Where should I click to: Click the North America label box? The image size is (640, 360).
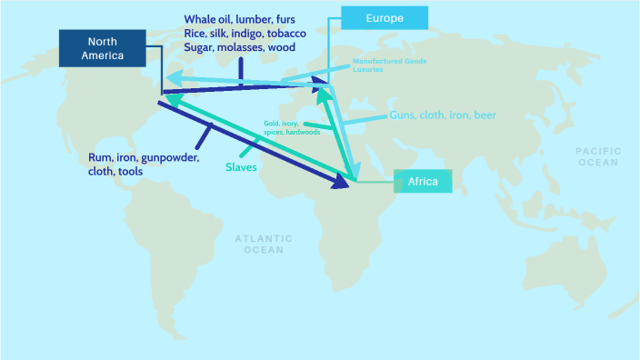103,48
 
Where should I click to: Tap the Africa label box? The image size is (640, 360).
422,182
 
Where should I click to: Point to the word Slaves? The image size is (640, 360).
241,167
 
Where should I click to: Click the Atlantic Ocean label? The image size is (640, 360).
264,244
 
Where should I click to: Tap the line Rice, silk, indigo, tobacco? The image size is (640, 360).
245,33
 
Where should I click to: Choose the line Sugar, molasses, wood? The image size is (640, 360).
239,46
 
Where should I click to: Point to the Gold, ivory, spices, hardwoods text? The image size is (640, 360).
291,127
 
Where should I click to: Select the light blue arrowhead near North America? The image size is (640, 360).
171,77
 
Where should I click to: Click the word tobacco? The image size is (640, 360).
285,33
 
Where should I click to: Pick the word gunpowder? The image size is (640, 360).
161,155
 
